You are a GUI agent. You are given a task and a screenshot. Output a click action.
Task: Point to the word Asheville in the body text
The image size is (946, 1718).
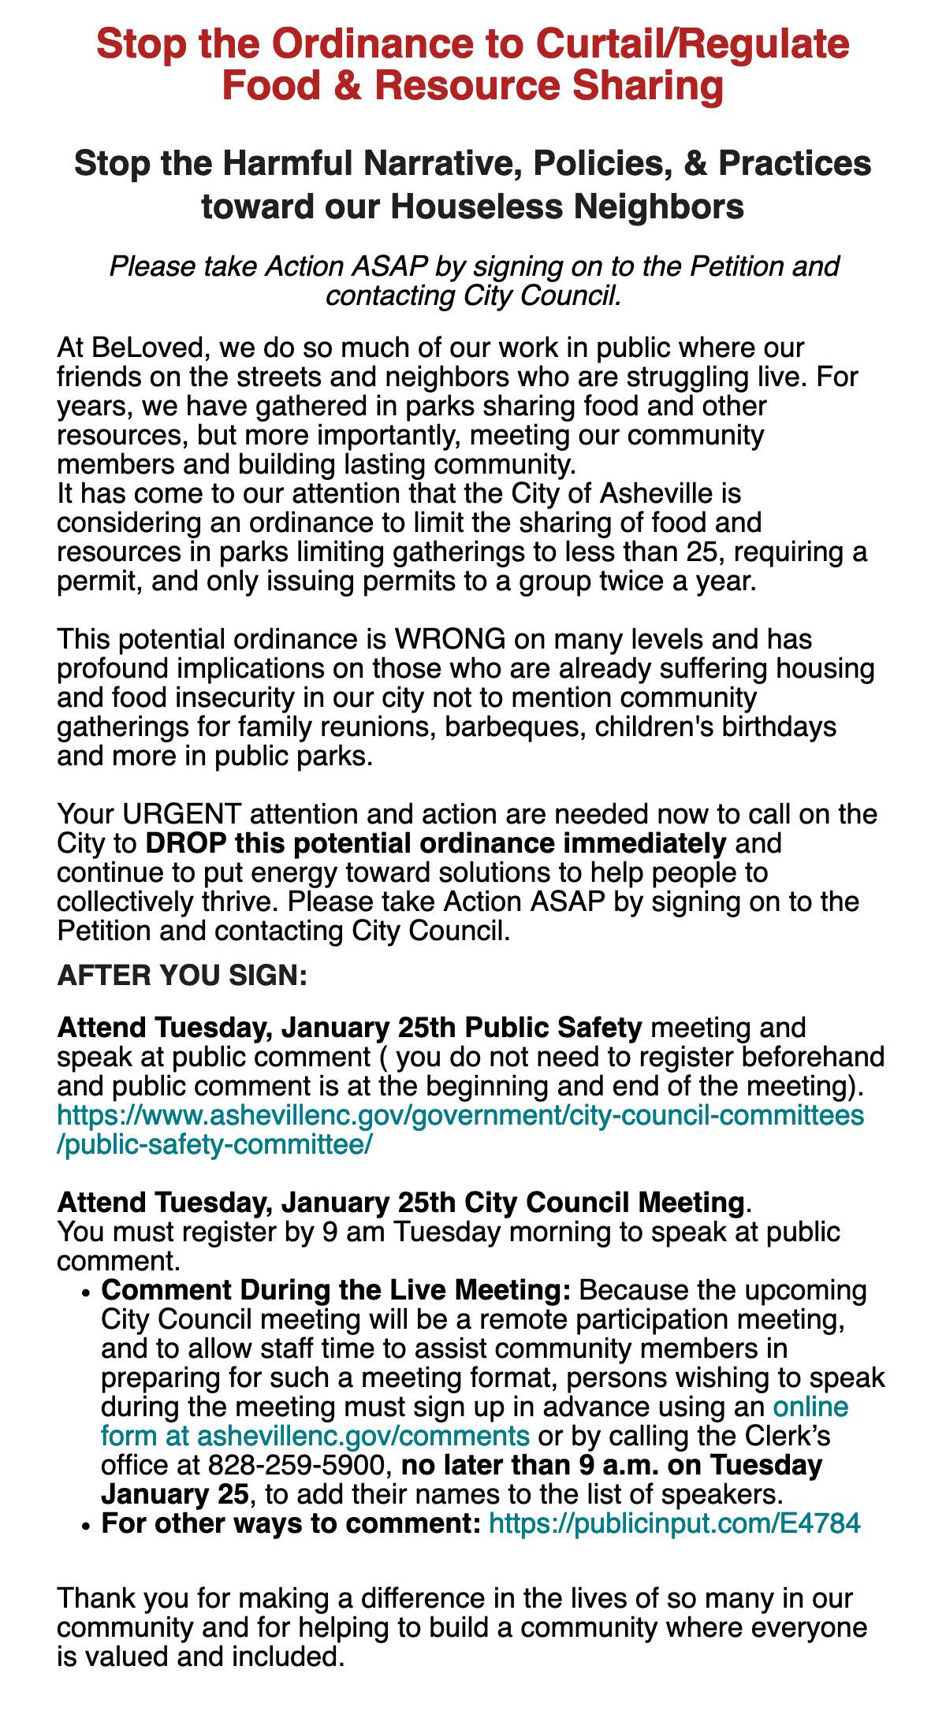668,493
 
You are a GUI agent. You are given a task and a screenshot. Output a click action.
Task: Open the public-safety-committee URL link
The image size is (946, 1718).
460,1116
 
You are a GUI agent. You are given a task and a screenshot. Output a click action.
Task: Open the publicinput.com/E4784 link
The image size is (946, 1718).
675,1523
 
